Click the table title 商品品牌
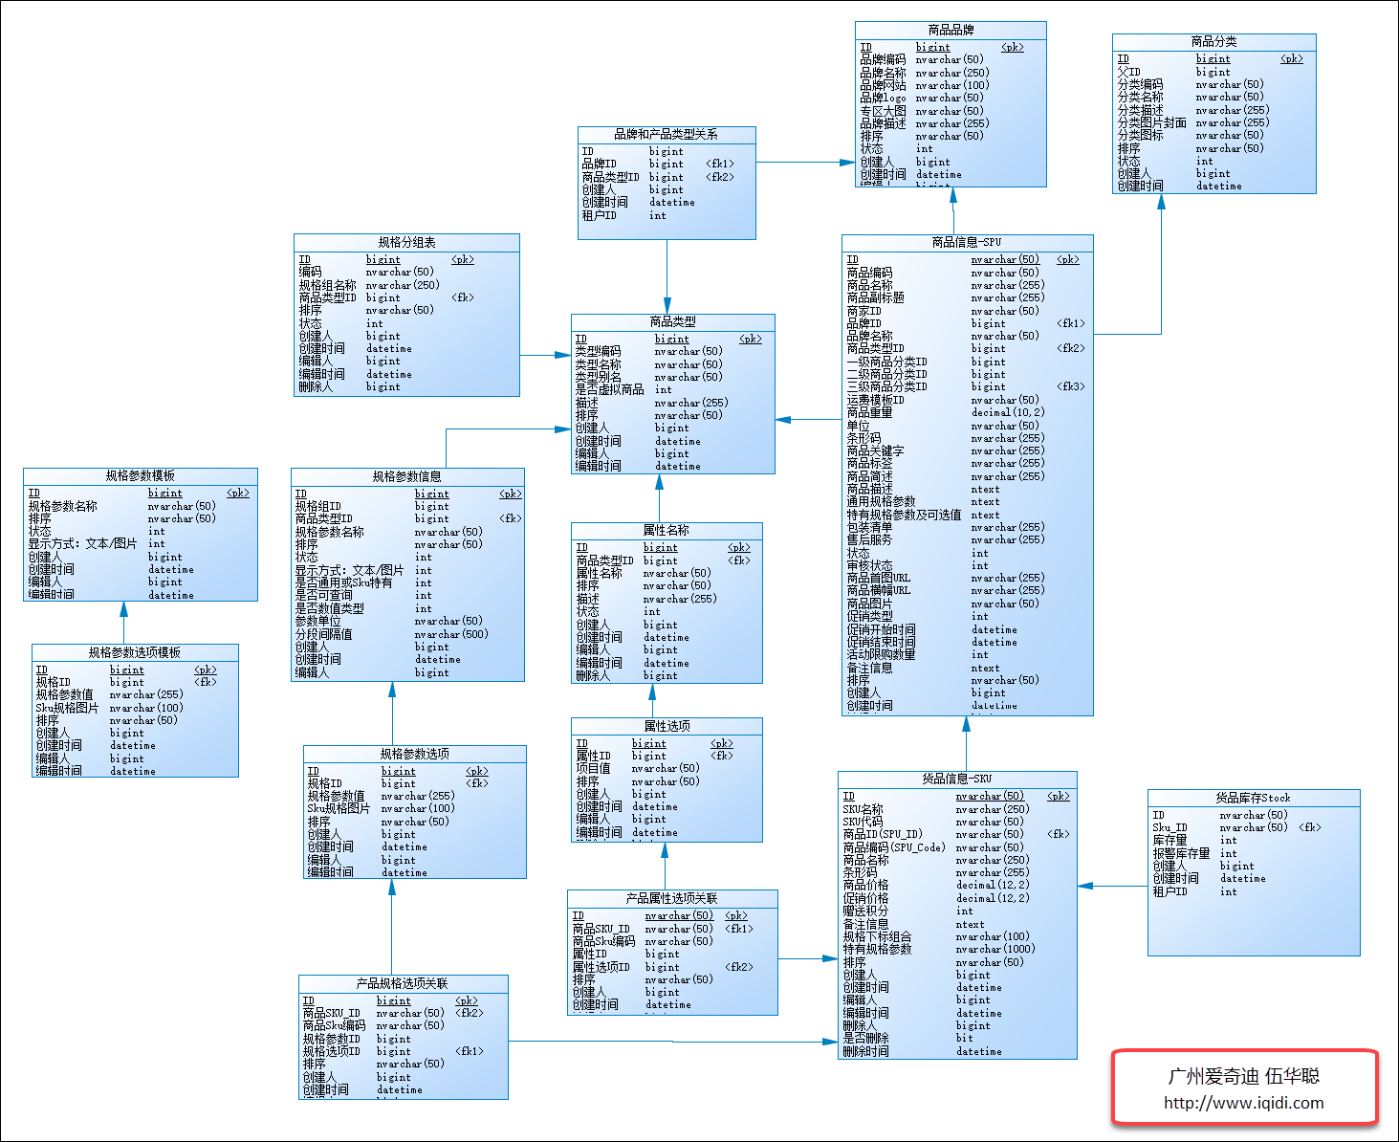[x=951, y=31]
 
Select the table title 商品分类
[x=1213, y=42]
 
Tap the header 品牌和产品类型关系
[x=666, y=135]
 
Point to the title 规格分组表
[x=406, y=243]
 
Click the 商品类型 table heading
[x=672, y=322]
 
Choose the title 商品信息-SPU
[x=966, y=243]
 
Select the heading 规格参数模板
[x=140, y=476]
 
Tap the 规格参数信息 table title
[x=406, y=477]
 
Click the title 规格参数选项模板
[x=134, y=653]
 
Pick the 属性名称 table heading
[x=666, y=531]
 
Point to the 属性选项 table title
[x=667, y=727]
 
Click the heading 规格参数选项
[x=414, y=755]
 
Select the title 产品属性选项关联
[x=671, y=899]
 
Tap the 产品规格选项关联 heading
[x=402, y=984]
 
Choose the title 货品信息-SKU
[x=956, y=780]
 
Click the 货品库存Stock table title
[x=1253, y=798]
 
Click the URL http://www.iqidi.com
[x=1243, y=1103]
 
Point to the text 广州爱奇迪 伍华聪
[x=1243, y=1076]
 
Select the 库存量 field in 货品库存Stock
[x=1169, y=841]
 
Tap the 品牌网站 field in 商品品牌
[x=883, y=85]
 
